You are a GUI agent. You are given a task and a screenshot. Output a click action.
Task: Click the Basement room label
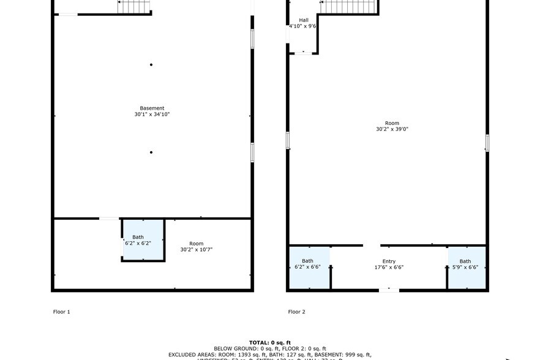(152, 108)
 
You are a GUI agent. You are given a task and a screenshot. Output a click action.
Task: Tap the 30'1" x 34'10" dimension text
(152, 114)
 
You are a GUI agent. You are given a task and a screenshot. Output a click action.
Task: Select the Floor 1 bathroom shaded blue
(143, 240)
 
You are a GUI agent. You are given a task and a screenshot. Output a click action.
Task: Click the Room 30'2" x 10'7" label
(196, 244)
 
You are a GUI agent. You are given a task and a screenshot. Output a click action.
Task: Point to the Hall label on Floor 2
(304, 20)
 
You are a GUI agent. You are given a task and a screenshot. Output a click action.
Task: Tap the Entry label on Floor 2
(389, 261)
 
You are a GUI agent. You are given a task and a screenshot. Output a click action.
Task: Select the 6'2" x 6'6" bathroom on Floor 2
(309, 267)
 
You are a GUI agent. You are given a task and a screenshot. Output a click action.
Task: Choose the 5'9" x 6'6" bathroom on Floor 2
(467, 267)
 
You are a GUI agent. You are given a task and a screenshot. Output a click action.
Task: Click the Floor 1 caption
(61, 312)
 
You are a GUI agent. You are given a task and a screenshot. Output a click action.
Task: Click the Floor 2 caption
(296, 312)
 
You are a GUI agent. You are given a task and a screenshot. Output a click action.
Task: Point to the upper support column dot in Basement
(151, 65)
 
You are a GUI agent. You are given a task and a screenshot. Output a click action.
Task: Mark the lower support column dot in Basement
(151, 152)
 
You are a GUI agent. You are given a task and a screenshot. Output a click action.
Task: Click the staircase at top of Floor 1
(134, 7)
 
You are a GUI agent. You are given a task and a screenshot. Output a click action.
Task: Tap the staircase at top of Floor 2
(348, 6)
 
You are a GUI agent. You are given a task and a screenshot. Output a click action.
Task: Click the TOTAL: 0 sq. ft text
(270, 342)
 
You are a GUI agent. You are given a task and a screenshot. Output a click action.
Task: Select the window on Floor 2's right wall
(487, 143)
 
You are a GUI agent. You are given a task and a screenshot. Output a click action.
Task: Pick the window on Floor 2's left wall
(288, 140)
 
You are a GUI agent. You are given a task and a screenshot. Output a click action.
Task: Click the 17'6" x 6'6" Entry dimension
(389, 268)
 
